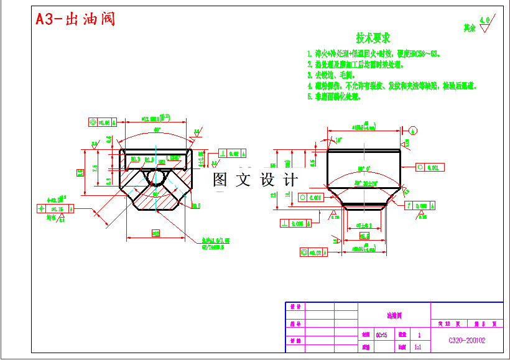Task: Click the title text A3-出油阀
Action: pos(75,19)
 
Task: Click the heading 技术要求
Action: pos(373,39)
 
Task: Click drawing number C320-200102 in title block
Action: pos(466,340)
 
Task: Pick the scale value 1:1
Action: pos(417,348)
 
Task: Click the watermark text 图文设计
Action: pos(255,180)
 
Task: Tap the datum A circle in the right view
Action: pos(414,130)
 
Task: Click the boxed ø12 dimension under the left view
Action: pos(155,233)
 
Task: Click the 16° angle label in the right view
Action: pos(338,141)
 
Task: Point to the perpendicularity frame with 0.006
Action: pos(295,224)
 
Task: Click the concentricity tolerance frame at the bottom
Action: pos(313,252)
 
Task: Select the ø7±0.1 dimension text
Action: pos(364,226)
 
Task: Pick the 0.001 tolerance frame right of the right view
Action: pos(427,168)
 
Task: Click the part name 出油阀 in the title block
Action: pos(394,316)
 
